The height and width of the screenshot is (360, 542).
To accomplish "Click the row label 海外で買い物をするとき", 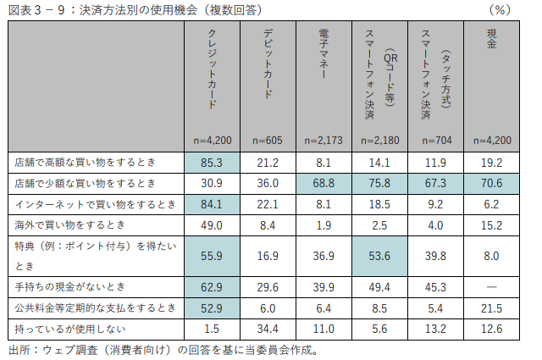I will point(69,224).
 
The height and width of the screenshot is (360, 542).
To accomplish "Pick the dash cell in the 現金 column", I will point(492,287).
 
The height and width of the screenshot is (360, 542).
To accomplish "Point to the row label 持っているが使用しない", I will point(69,328).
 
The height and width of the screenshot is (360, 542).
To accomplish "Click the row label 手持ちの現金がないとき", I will point(69,287).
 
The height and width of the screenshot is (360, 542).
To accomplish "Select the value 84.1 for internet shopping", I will point(212,204).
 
